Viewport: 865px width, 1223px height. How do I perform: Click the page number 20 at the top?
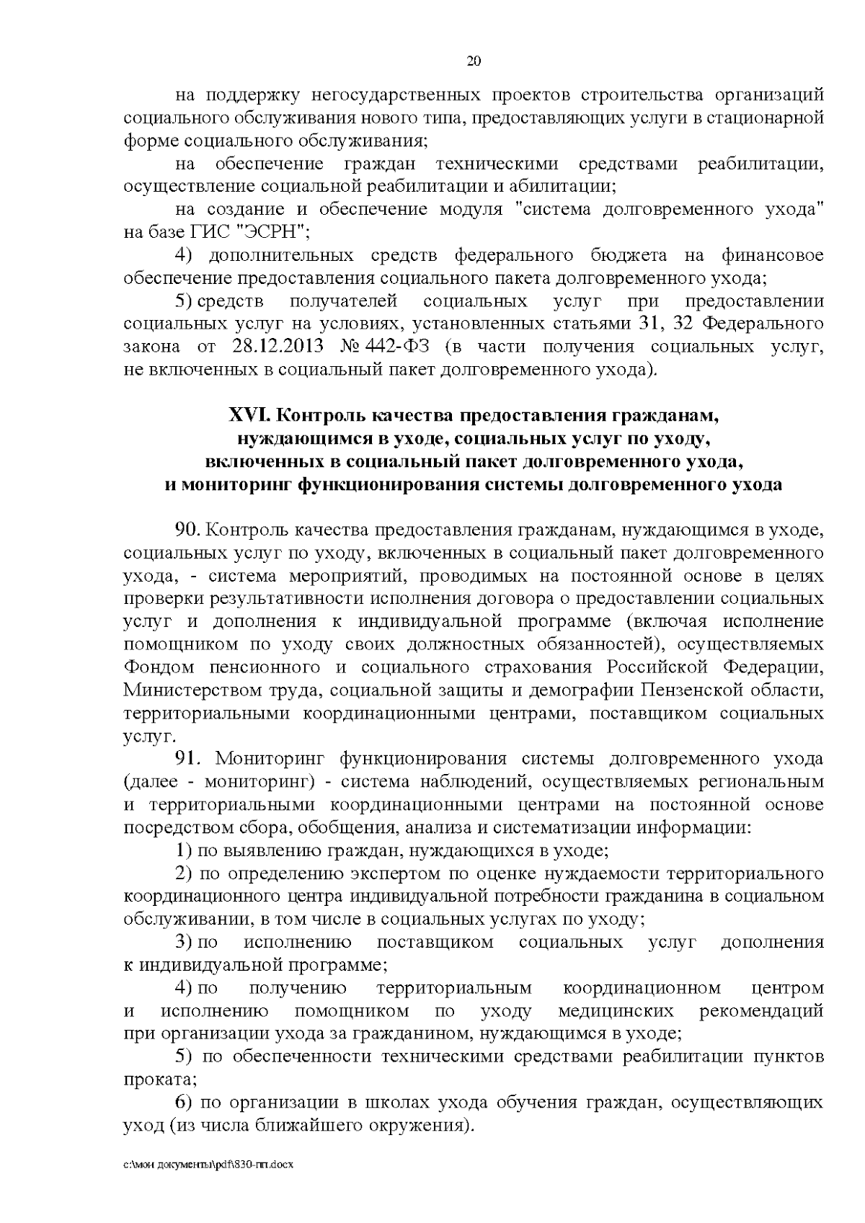(474, 61)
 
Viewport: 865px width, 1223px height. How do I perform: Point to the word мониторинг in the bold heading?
(228, 484)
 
